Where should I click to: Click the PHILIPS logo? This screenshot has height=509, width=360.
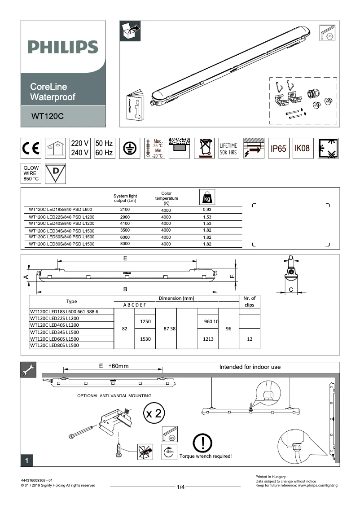point(63,47)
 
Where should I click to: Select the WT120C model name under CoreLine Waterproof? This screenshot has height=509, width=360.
point(48,116)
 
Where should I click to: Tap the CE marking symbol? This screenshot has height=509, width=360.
point(31,149)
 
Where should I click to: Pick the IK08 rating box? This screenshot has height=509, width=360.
point(302,149)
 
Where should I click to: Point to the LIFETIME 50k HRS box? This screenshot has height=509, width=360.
point(228,149)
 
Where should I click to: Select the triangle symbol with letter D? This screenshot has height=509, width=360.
point(56,173)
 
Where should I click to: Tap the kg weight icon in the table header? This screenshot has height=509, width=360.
point(207,197)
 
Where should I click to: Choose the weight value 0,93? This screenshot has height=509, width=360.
point(207,210)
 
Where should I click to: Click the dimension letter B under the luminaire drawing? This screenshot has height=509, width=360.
point(126,289)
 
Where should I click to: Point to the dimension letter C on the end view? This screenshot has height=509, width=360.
point(291,290)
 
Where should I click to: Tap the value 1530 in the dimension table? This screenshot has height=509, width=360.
point(145,339)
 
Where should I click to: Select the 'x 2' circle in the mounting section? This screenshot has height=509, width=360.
point(153,413)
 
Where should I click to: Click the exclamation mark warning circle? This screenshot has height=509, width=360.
point(203,443)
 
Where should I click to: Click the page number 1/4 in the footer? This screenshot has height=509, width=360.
point(181,487)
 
